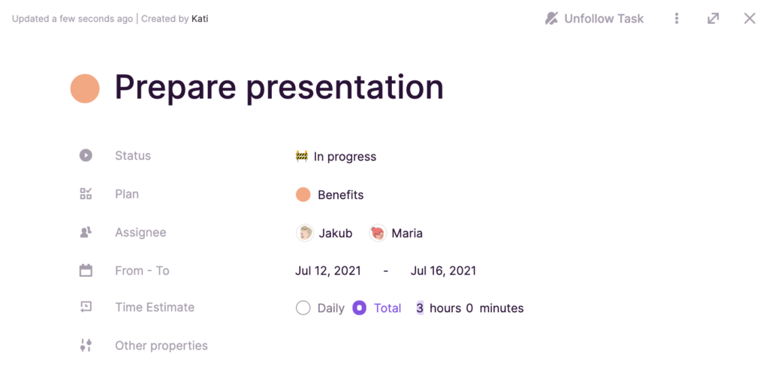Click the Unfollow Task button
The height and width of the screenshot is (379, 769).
coord(595,19)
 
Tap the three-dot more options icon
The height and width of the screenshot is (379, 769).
coord(677,19)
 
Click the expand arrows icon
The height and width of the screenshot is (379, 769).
coord(713,19)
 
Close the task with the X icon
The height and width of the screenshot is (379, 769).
coord(749,19)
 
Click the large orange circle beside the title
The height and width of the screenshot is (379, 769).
coord(85,89)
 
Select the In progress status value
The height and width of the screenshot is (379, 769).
coord(336,156)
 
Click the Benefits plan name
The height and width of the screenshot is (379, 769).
coord(341,194)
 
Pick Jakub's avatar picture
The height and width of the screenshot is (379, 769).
coord(305,233)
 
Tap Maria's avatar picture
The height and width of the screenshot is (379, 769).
coord(378,233)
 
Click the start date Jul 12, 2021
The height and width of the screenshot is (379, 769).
coord(328,271)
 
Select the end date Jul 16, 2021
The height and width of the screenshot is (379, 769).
coord(443,271)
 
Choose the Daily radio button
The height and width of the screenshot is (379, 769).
coord(303,308)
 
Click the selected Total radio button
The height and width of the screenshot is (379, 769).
coord(360,308)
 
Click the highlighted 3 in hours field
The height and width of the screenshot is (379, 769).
coord(420,308)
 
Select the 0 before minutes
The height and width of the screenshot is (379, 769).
coord(469,308)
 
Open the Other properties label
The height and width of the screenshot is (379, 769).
coord(161,346)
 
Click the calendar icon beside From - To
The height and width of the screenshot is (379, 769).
coord(86,270)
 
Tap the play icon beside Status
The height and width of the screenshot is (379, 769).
coord(86,155)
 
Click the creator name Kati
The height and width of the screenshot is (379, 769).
coord(200,19)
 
